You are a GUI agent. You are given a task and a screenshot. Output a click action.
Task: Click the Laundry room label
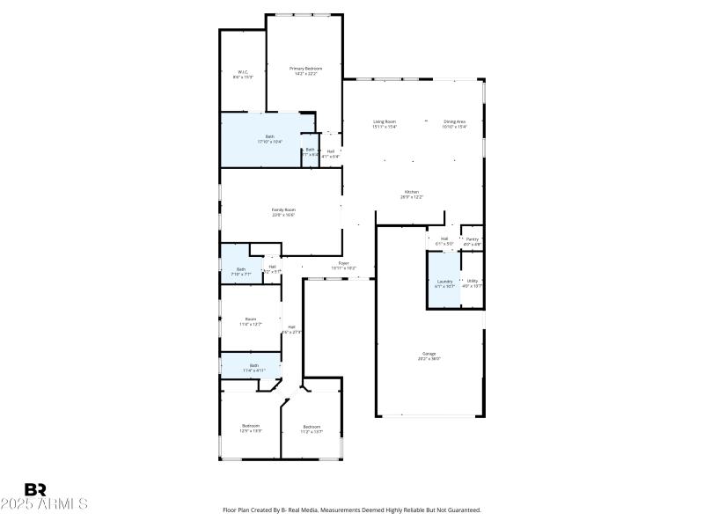(444, 283)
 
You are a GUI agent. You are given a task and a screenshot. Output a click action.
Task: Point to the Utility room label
(473, 283)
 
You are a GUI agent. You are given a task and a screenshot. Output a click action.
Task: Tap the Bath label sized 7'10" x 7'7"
(241, 271)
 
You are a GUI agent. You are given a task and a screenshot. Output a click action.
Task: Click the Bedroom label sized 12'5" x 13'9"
(251, 428)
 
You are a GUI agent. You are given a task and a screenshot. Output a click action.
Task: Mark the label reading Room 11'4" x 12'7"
(251, 321)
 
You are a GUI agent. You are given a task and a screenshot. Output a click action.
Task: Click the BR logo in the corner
(36, 489)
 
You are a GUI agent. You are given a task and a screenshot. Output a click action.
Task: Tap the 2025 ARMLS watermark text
(44, 504)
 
